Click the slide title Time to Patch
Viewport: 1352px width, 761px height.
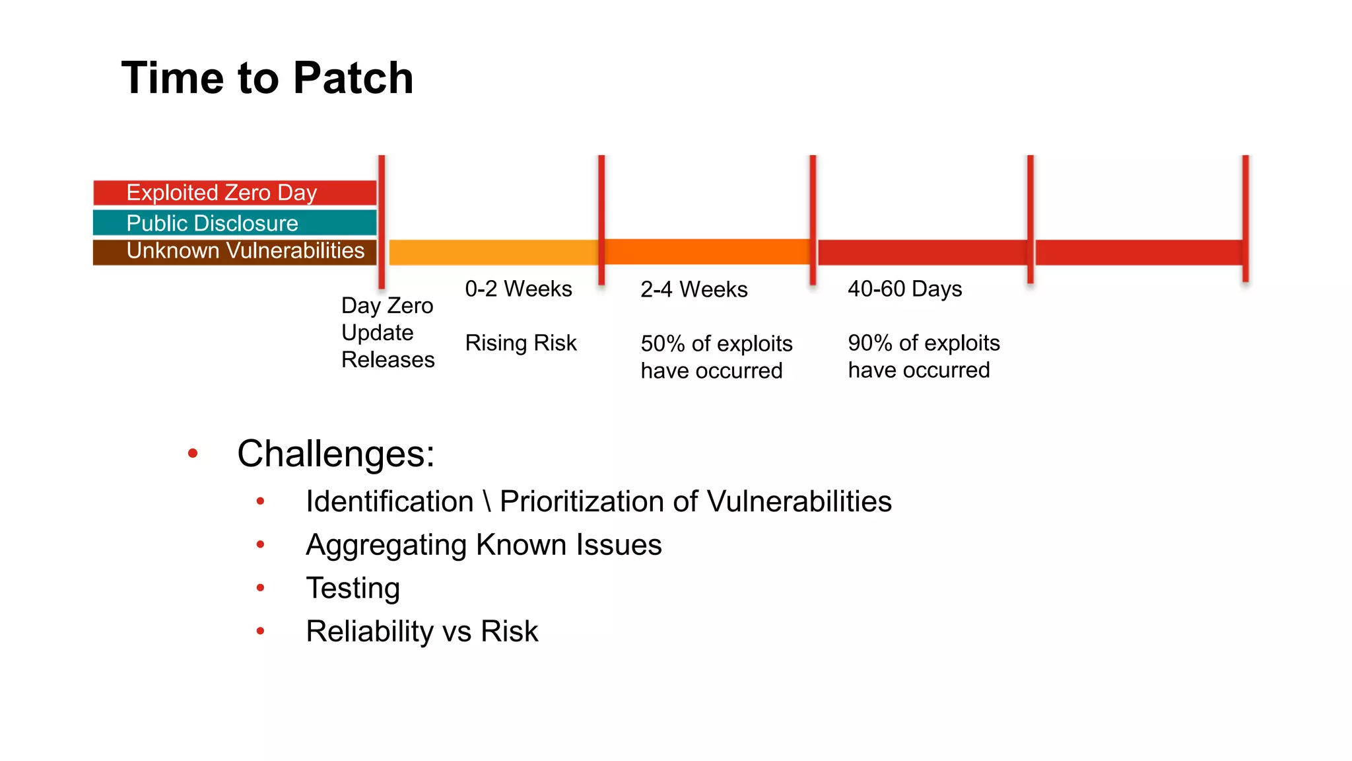point(267,78)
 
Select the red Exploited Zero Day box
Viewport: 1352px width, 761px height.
point(234,193)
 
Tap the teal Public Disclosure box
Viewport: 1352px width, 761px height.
point(234,223)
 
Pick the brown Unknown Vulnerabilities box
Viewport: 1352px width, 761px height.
point(234,252)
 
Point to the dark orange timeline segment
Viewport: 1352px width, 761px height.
point(706,252)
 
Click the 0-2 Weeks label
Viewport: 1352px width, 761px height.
point(518,289)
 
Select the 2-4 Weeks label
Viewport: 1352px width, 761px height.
point(694,289)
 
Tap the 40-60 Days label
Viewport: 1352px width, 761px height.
point(904,289)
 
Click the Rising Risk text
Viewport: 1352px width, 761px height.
point(520,343)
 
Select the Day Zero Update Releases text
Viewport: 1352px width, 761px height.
point(388,332)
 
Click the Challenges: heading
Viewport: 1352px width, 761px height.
point(335,454)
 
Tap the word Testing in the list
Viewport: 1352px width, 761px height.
point(353,588)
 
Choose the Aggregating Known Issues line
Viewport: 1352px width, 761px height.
point(483,545)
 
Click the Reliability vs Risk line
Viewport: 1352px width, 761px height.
point(422,632)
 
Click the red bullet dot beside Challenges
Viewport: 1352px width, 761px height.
point(193,453)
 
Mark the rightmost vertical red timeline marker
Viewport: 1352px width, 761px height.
point(1245,218)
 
